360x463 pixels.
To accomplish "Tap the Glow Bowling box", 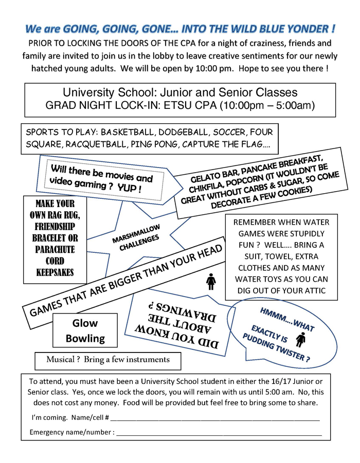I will point(85,331).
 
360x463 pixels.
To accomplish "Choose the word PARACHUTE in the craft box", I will point(55,249).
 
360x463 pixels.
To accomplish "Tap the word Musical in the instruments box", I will point(60,359).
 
